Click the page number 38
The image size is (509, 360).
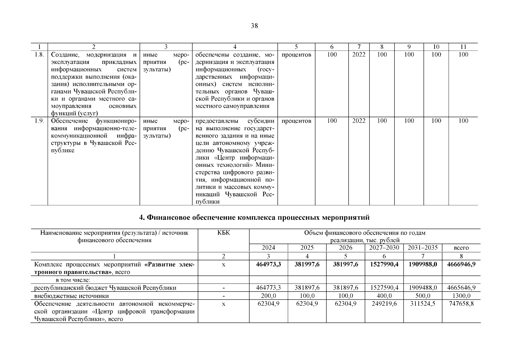254,26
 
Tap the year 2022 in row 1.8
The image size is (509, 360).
359,55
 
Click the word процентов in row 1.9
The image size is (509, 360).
296,121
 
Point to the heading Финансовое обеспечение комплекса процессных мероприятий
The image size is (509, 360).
254,217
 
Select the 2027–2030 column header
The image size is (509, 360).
384,248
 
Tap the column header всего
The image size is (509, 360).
461,248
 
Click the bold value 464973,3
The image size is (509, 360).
268,264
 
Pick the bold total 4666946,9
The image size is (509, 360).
461,264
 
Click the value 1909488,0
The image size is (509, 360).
423,288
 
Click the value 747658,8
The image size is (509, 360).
461,304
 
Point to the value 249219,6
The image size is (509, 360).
384,304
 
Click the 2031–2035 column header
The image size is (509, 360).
423,248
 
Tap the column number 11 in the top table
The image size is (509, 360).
463,47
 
